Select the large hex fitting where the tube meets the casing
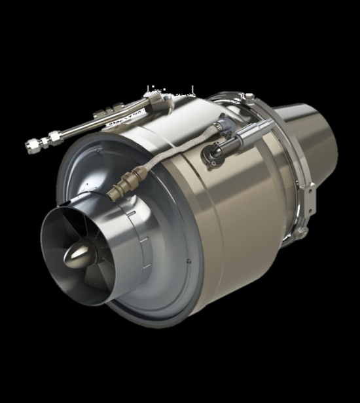157,100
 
